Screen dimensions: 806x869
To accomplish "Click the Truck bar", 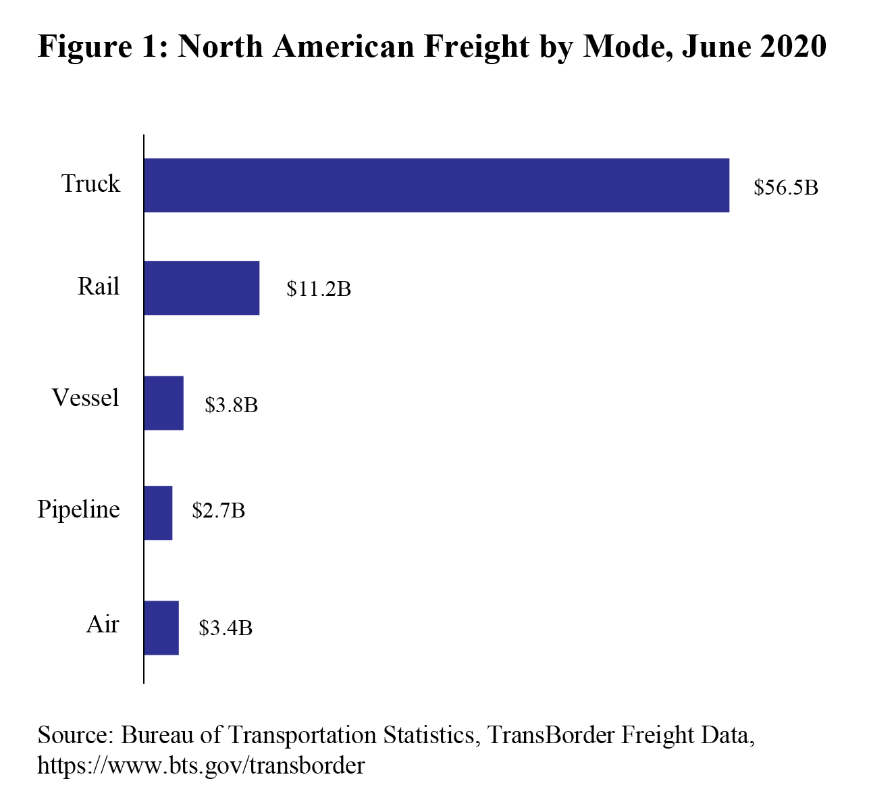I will [436, 185].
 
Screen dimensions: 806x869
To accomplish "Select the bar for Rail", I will [201, 288].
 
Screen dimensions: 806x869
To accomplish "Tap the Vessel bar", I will [163, 403].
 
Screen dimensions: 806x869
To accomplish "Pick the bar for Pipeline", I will [158, 513].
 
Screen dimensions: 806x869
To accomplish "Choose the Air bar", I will [161, 628].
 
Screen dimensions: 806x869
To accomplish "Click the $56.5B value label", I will [786, 187].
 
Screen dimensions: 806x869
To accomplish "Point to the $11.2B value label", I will [319, 289].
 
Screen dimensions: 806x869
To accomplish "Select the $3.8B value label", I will [232, 405].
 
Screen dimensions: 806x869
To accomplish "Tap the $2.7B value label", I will [219, 510].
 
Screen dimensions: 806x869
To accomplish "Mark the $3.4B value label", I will [226, 628].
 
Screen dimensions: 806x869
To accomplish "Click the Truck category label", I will [90, 184].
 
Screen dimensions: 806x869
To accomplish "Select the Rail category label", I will [99, 286].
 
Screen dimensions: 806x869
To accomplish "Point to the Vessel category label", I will [85, 397].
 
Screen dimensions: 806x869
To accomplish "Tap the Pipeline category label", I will [78, 509].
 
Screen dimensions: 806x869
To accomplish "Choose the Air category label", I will [103, 624].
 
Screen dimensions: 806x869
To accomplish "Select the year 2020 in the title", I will [792, 47].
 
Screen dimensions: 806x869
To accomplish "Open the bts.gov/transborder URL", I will [201, 765].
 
